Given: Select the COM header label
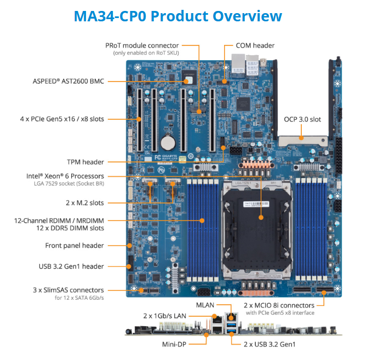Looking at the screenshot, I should (x=255, y=45).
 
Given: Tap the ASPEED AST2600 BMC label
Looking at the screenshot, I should (x=68, y=82).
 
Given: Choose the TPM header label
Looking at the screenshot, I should (x=85, y=162).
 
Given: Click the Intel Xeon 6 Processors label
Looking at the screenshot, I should (x=65, y=176).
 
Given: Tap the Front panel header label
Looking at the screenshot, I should (x=75, y=246).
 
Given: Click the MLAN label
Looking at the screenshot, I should (x=204, y=304).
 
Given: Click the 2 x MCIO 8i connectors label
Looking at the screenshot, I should (x=279, y=305).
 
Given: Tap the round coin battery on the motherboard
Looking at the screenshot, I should (x=168, y=144).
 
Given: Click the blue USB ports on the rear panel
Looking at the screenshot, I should (x=230, y=327).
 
